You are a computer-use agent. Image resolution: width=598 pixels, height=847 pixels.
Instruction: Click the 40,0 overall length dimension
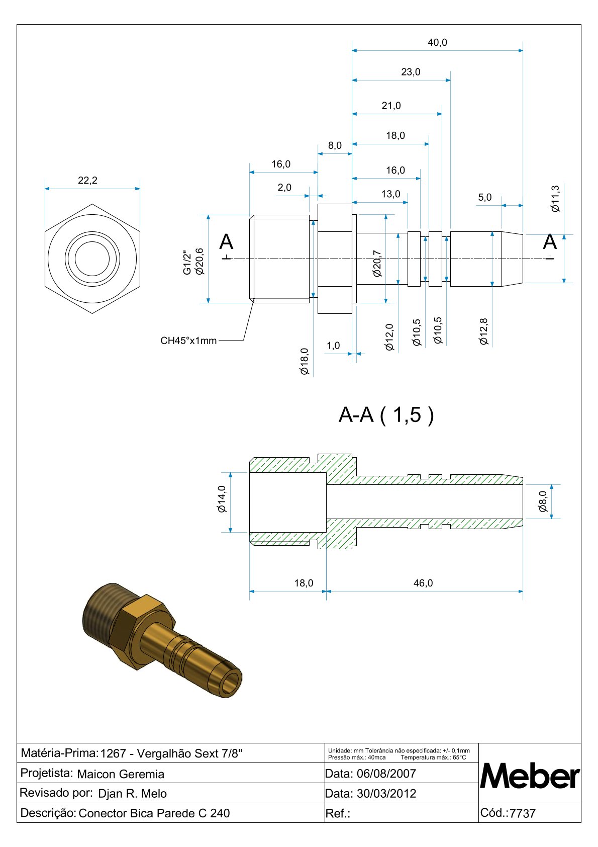click(437, 43)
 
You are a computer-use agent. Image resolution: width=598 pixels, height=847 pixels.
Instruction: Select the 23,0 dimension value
click(411, 72)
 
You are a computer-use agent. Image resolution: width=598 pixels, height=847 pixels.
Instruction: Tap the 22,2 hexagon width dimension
click(87, 181)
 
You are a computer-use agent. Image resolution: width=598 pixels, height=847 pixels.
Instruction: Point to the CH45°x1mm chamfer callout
click(188, 341)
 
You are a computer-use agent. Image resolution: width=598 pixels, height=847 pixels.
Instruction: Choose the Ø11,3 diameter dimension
click(555, 199)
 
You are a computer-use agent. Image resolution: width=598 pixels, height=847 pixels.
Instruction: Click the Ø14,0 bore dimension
click(222, 499)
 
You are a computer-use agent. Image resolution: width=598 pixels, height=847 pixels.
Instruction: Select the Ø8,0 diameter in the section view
click(543, 501)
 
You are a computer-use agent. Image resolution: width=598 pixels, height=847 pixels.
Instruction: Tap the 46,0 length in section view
click(423, 583)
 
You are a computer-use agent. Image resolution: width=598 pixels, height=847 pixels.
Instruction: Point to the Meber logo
click(530, 777)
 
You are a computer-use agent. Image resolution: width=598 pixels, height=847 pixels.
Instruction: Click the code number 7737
click(523, 814)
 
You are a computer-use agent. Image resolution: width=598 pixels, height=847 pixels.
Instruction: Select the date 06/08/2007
click(386, 774)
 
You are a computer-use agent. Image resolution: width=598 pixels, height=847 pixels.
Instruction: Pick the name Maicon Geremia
click(121, 774)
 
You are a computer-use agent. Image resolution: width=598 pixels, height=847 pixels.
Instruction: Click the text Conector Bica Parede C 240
click(154, 813)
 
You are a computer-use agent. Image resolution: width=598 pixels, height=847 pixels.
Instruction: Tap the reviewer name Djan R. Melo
click(132, 794)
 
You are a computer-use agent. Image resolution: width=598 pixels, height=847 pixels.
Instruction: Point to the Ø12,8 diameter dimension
click(484, 331)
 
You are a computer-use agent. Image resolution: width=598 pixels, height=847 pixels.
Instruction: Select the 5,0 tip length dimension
click(485, 198)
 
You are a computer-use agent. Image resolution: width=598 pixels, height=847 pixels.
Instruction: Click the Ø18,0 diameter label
click(305, 361)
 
